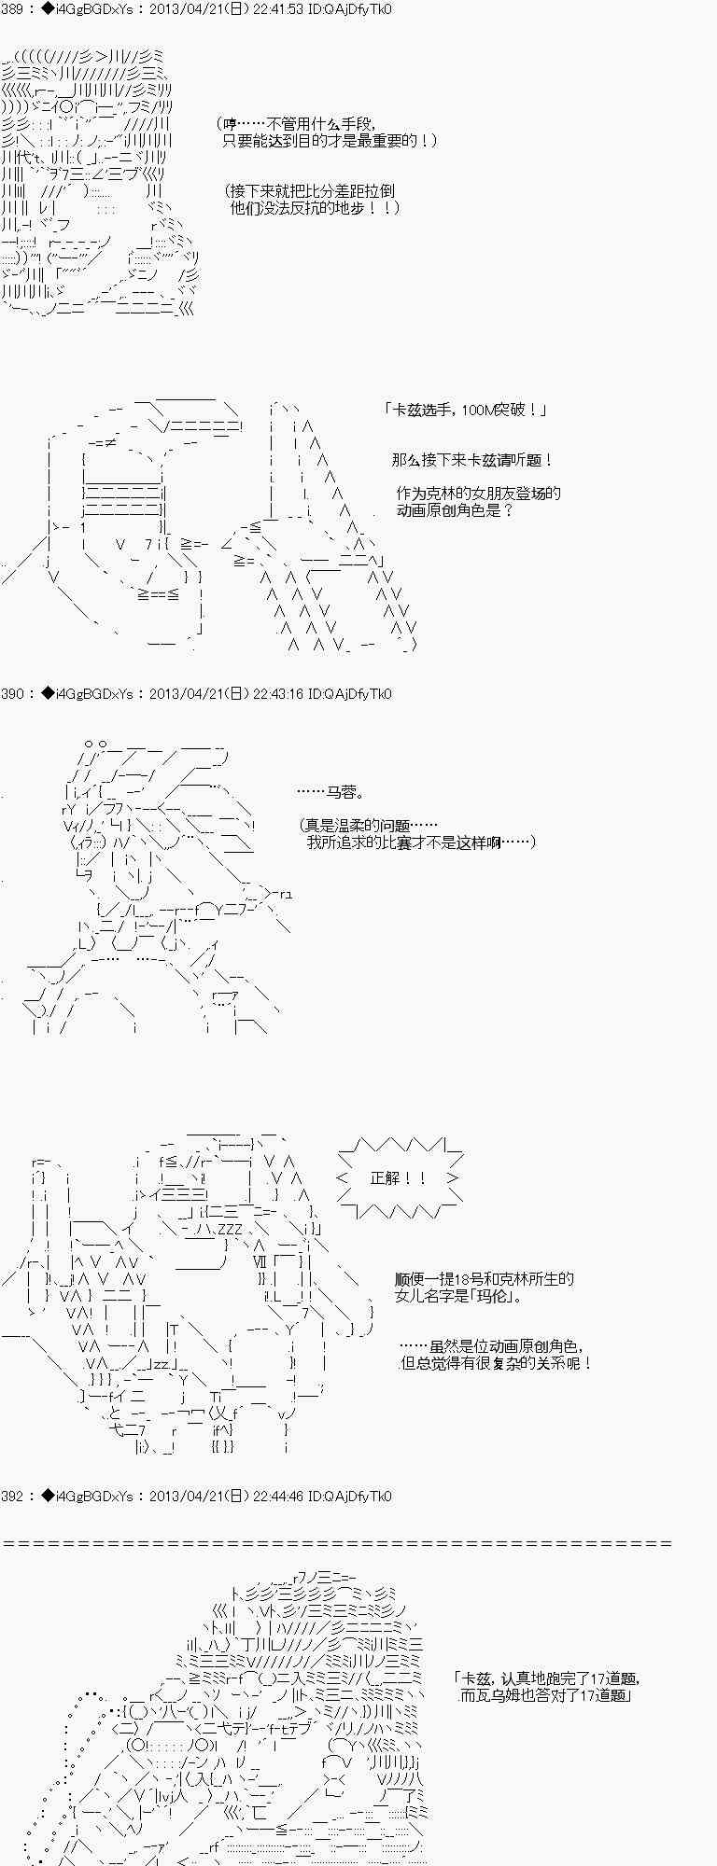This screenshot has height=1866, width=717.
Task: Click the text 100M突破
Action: point(503,411)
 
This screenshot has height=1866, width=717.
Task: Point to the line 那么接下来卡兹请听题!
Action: point(472,461)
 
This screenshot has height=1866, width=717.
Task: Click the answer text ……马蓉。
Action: point(331,792)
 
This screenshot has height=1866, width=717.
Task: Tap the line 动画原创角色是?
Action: point(455,510)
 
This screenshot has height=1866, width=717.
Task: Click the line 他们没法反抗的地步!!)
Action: point(316,208)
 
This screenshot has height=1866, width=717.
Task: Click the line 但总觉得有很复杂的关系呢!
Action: point(497,1363)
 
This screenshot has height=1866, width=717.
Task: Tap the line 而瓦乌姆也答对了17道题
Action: point(546,1695)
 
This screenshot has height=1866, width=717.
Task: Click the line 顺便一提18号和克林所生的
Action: point(485,1279)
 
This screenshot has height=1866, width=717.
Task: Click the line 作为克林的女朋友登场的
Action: point(478,494)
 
